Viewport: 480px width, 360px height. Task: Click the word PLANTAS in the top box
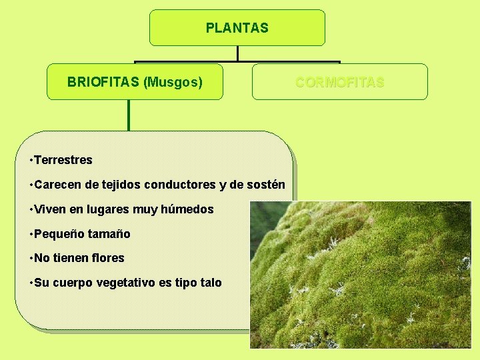point(237,28)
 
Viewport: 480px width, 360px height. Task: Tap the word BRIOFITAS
point(103,82)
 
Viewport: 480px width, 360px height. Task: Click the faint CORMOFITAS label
point(340,82)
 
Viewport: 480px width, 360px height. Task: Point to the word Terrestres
point(63,160)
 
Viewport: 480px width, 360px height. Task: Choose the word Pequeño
point(58,234)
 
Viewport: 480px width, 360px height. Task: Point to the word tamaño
point(108,234)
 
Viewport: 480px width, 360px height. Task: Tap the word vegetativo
point(126,283)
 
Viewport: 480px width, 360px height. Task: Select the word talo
point(211,283)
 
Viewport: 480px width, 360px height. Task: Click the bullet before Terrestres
point(31,160)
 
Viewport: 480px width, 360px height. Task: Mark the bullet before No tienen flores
point(31,258)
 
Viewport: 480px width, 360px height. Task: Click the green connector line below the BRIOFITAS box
point(129,115)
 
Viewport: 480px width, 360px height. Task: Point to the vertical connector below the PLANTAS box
point(237,53)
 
